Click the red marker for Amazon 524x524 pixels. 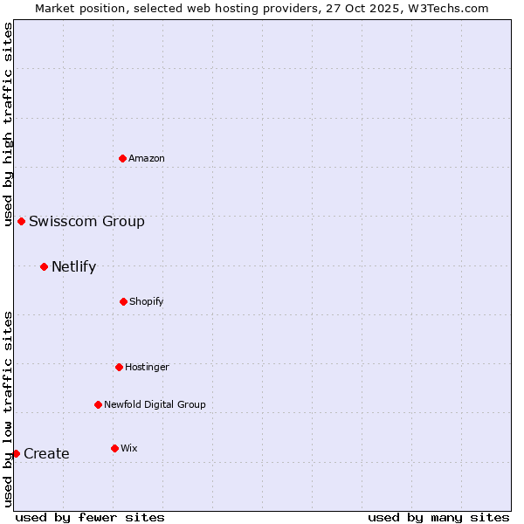point(122,158)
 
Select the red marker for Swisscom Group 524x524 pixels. point(21,221)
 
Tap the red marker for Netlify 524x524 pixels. point(44,266)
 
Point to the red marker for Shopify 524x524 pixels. point(123,301)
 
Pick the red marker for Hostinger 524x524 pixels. point(119,367)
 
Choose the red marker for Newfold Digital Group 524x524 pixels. point(98,404)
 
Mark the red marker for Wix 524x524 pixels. point(114,448)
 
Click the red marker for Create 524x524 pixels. point(16,453)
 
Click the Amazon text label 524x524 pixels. point(147,158)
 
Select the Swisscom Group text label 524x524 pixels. point(86,221)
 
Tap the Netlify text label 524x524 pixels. point(73,266)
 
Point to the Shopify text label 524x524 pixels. point(147,301)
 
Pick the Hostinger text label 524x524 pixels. point(147,367)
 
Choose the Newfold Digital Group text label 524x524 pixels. point(155,404)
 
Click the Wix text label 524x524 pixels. point(129,448)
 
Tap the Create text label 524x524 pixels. point(46,453)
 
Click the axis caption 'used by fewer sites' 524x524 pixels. point(90,517)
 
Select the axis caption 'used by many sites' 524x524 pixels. point(438,517)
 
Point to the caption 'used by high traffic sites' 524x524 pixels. point(8,124)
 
